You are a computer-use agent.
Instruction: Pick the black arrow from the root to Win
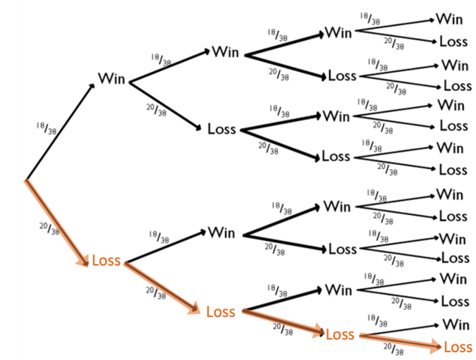pos(60,131)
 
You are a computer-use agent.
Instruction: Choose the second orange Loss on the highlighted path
pos(220,311)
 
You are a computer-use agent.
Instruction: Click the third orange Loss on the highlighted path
pos(339,334)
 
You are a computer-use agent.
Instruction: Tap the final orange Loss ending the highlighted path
pos(458,347)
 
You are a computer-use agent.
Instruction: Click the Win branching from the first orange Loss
pos(221,232)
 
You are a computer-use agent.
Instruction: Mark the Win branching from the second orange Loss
pos(338,290)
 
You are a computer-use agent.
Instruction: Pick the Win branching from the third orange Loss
pos(455,325)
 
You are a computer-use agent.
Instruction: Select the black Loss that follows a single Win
pos(221,129)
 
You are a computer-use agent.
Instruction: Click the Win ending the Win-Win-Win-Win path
pos(449,19)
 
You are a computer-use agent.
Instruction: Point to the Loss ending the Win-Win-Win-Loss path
pos(453,42)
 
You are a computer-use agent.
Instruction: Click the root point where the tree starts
pos(26,180)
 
